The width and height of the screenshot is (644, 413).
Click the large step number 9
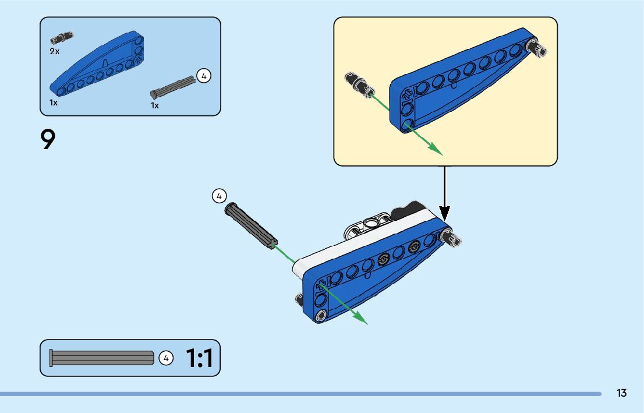click(x=48, y=140)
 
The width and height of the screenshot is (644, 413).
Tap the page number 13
click(x=621, y=393)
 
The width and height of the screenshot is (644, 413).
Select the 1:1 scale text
click(x=200, y=358)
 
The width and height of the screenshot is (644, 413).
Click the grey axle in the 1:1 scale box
click(x=102, y=358)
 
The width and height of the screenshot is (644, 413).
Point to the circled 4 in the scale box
click(x=166, y=358)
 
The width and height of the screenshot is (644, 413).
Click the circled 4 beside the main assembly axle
click(x=219, y=196)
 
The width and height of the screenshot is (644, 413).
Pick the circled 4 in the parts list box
click(x=203, y=76)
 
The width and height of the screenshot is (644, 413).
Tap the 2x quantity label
click(x=54, y=51)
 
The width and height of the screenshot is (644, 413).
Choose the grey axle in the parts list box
click(x=173, y=86)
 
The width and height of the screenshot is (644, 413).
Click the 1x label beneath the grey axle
click(x=155, y=105)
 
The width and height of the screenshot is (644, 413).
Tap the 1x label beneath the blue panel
click(x=54, y=103)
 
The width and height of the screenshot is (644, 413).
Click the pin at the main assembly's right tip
click(x=452, y=237)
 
